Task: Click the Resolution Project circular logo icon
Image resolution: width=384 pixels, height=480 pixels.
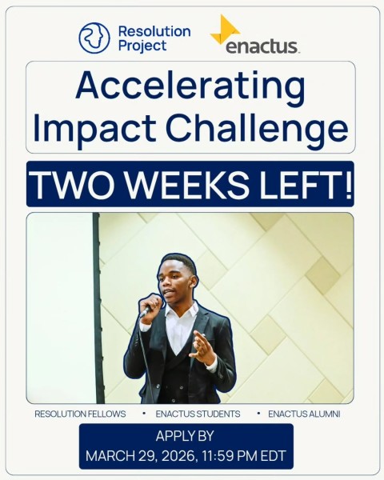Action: pyautogui.click(x=94, y=38)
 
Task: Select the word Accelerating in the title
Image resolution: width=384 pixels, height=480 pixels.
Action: pyautogui.click(x=190, y=86)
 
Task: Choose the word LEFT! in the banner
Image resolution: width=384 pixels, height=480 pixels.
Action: pyautogui.click(x=307, y=184)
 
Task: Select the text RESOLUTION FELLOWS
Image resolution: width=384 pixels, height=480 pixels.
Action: pyautogui.click(x=80, y=414)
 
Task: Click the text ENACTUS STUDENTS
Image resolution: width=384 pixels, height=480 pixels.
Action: pyautogui.click(x=198, y=414)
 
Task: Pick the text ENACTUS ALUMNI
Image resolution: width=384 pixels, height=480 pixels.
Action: pyautogui.click(x=304, y=414)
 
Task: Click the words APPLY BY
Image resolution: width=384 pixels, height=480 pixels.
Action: pyautogui.click(x=186, y=437)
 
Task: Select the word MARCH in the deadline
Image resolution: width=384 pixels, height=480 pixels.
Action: pyautogui.click(x=108, y=457)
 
